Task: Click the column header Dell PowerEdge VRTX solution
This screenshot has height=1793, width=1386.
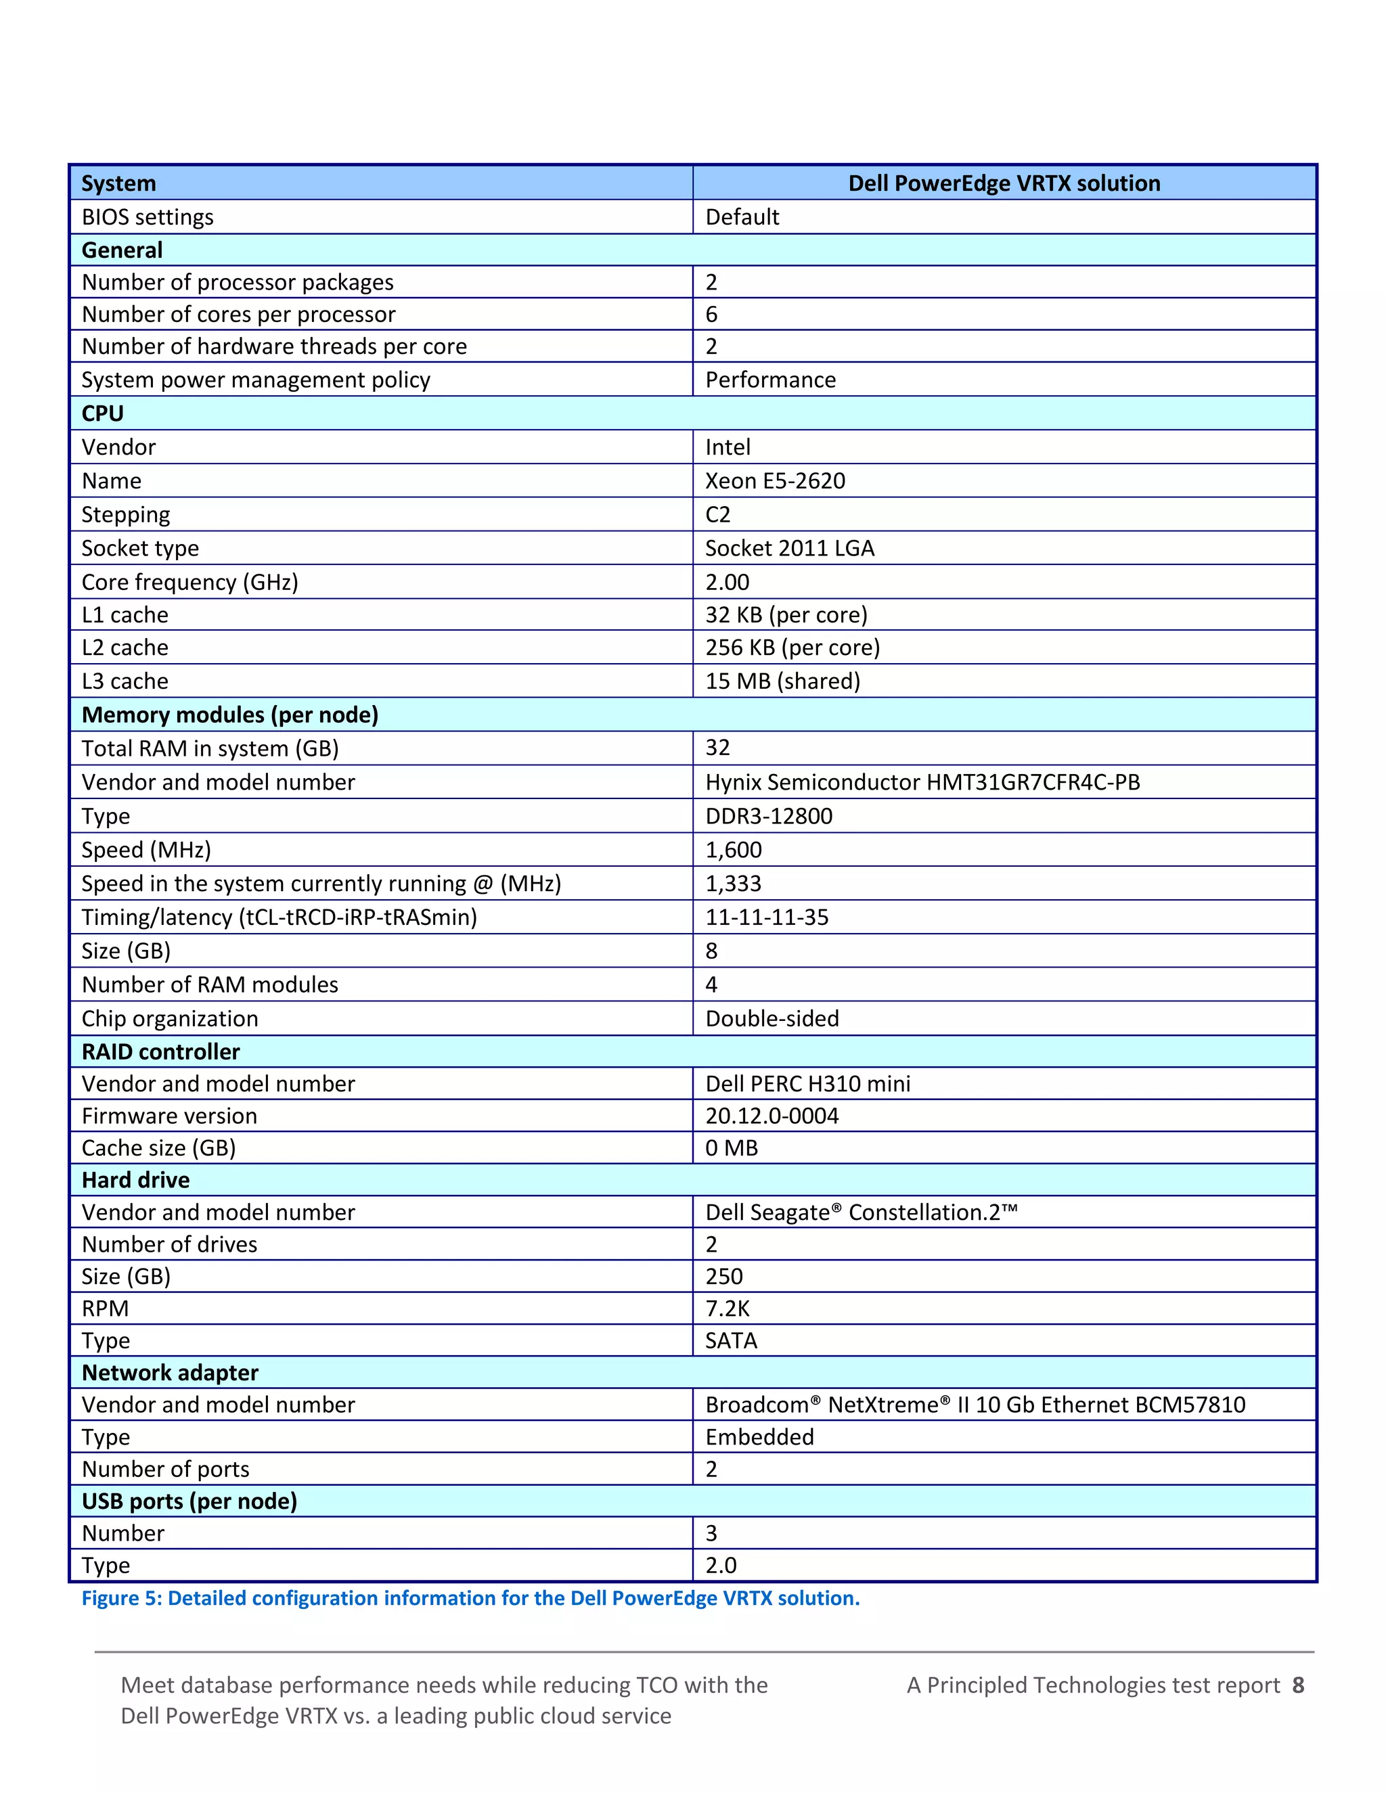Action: pos(1004,183)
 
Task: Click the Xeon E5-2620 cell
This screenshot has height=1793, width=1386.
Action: pos(775,480)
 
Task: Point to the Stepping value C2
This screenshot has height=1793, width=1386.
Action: pos(717,514)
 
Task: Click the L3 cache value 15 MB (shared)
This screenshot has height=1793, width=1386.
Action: pos(782,681)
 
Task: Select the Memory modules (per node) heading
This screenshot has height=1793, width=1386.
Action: pos(230,714)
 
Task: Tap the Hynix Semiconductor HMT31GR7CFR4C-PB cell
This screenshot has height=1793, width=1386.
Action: pos(922,781)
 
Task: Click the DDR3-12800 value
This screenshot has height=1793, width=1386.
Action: pos(769,816)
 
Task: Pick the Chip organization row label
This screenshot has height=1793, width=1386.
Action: pos(170,1018)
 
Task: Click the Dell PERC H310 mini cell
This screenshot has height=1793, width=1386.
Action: pos(808,1084)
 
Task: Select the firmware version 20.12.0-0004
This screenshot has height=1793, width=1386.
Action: pos(772,1116)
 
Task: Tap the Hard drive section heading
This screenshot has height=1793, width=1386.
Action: pos(135,1180)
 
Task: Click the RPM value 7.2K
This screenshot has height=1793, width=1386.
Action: pos(728,1309)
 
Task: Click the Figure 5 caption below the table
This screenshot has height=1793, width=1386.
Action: pos(470,1598)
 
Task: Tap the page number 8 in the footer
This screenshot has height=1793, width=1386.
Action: pos(1298,1685)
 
